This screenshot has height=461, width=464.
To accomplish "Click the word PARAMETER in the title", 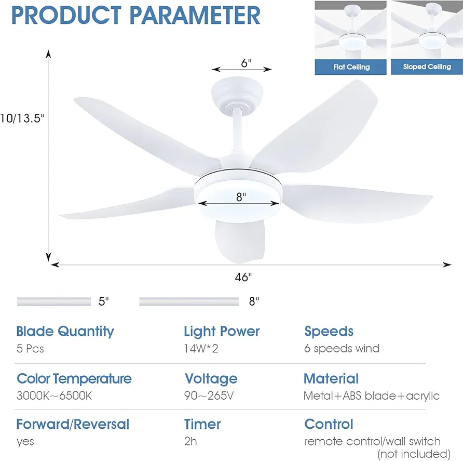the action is tap(195, 16).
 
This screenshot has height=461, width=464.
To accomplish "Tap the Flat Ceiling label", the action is tap(351, 67).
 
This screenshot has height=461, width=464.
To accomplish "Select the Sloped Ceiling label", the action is tap(427, 67).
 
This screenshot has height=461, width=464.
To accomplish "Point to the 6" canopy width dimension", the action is tap(246, 63).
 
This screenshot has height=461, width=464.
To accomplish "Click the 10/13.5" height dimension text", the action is tap(22, 118).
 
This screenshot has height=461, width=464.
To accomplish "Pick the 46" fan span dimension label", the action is tap(243, 277).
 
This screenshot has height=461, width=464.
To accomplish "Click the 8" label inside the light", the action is tap(241, 197).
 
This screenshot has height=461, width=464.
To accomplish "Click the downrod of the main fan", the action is tap(237, 130).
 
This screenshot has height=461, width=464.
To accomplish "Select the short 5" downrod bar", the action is tap(54, 301).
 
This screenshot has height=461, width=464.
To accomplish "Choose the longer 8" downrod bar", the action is tap(189, 301).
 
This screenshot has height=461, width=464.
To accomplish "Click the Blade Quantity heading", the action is tap(65, 332).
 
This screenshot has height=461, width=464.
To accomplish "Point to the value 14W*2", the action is tap(201, 349).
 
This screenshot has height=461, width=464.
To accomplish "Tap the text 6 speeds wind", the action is tap(342, 349).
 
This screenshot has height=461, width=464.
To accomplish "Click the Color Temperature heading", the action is tap(74, 379).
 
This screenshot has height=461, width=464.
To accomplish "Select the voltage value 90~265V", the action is tap(209, 396).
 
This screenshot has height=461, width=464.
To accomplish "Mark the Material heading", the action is tap(331, 379).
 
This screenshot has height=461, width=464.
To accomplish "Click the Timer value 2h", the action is tap(190, 441).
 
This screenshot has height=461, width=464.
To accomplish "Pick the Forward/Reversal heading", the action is tap(73, 424).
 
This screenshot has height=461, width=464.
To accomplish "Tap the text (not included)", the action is tap(414, 454).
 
